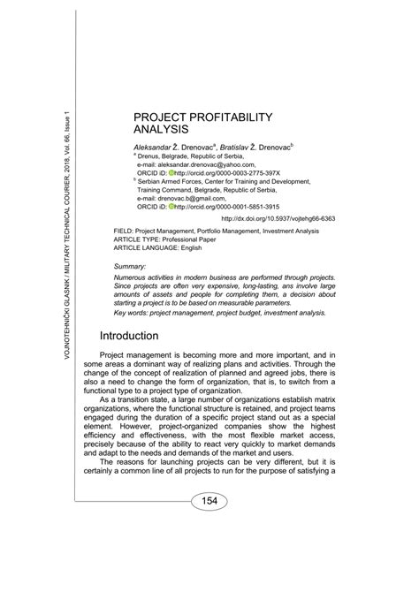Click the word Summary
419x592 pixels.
(x=130, y=265)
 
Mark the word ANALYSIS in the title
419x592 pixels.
(x=164, y=130)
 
